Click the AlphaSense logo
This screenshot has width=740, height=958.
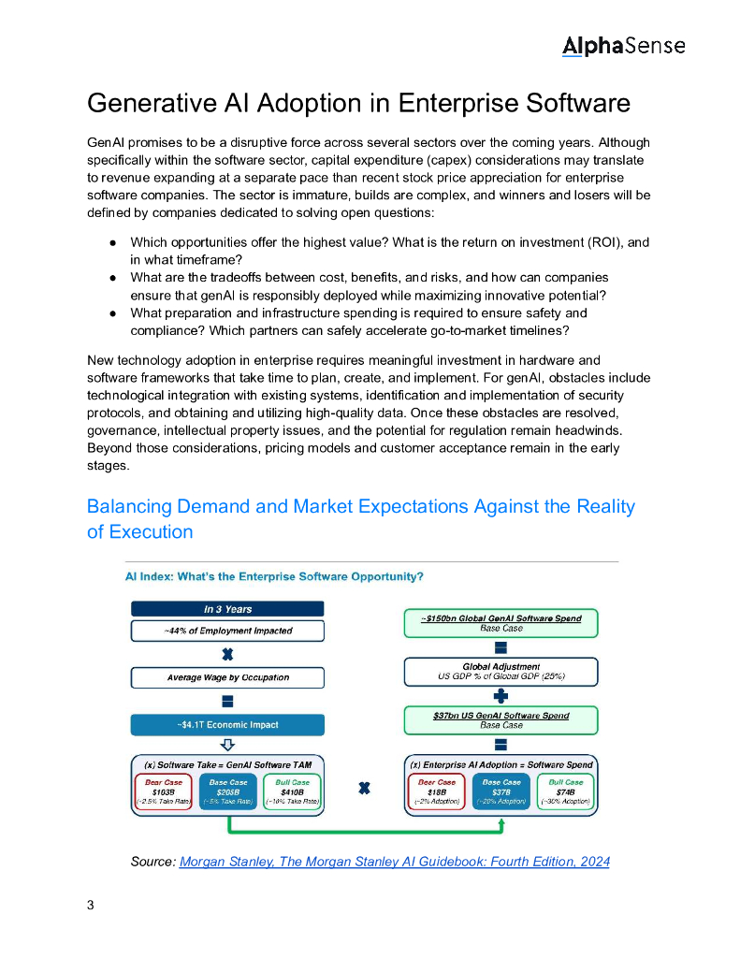point(623,45)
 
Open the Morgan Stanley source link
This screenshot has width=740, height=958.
point(394,861)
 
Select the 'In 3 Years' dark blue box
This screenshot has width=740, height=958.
point(226,609)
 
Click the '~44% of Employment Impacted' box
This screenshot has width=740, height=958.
point(226,631)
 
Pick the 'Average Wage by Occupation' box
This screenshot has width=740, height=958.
point(226,677)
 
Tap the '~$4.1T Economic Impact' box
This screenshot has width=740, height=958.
point(226,725)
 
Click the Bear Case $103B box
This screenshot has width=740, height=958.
point(164,791)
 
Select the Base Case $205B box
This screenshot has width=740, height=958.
point(227,791)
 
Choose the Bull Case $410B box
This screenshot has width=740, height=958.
point(292,791)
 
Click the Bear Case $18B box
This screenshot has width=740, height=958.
point(437,791)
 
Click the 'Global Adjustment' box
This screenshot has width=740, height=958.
point(501,671)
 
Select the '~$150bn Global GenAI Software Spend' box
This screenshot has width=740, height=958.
point(501,623)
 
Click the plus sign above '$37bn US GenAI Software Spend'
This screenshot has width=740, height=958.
point(501,695)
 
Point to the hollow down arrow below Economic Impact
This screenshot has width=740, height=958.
point(226,745)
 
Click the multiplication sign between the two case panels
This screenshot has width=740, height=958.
point(364,789)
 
